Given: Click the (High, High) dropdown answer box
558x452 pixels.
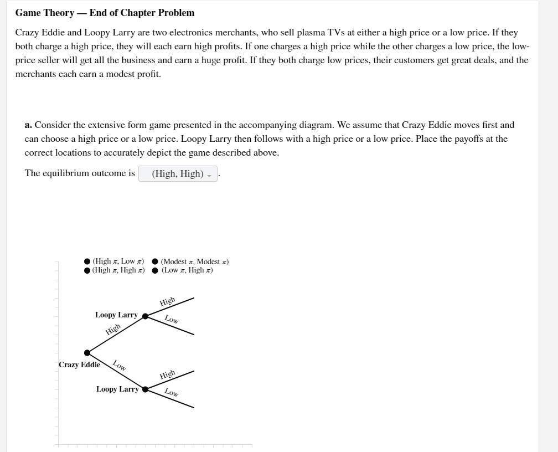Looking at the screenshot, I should click(178, 174).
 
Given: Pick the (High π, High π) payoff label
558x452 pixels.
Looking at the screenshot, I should click(118, 270).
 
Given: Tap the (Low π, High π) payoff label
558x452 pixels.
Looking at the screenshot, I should click(187, 270).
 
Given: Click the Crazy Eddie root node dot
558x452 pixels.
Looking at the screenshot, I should click(87, 352).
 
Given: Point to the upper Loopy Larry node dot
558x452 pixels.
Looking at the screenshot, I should click(145, 316).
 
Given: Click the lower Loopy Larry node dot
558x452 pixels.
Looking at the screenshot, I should click(146, 389).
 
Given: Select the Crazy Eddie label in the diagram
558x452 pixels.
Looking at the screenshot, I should click(79, 364).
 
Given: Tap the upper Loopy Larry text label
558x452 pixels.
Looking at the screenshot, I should click(116, 315).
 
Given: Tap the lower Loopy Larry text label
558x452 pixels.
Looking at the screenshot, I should click(117, 389).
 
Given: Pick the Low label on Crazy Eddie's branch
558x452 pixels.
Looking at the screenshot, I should click(120, 366).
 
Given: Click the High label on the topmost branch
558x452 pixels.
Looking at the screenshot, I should click(167, 302).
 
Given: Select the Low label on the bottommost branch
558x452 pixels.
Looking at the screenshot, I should click(172, 393).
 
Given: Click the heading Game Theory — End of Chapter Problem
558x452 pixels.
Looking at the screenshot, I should click(105, 13).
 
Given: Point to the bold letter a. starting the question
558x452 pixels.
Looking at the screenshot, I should click(28, 125).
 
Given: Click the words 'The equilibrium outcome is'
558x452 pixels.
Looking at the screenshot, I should click(80, 173).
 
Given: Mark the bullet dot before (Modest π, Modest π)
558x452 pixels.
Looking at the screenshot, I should click(156, 261).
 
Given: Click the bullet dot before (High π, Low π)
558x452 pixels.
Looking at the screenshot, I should click(87, 261).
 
